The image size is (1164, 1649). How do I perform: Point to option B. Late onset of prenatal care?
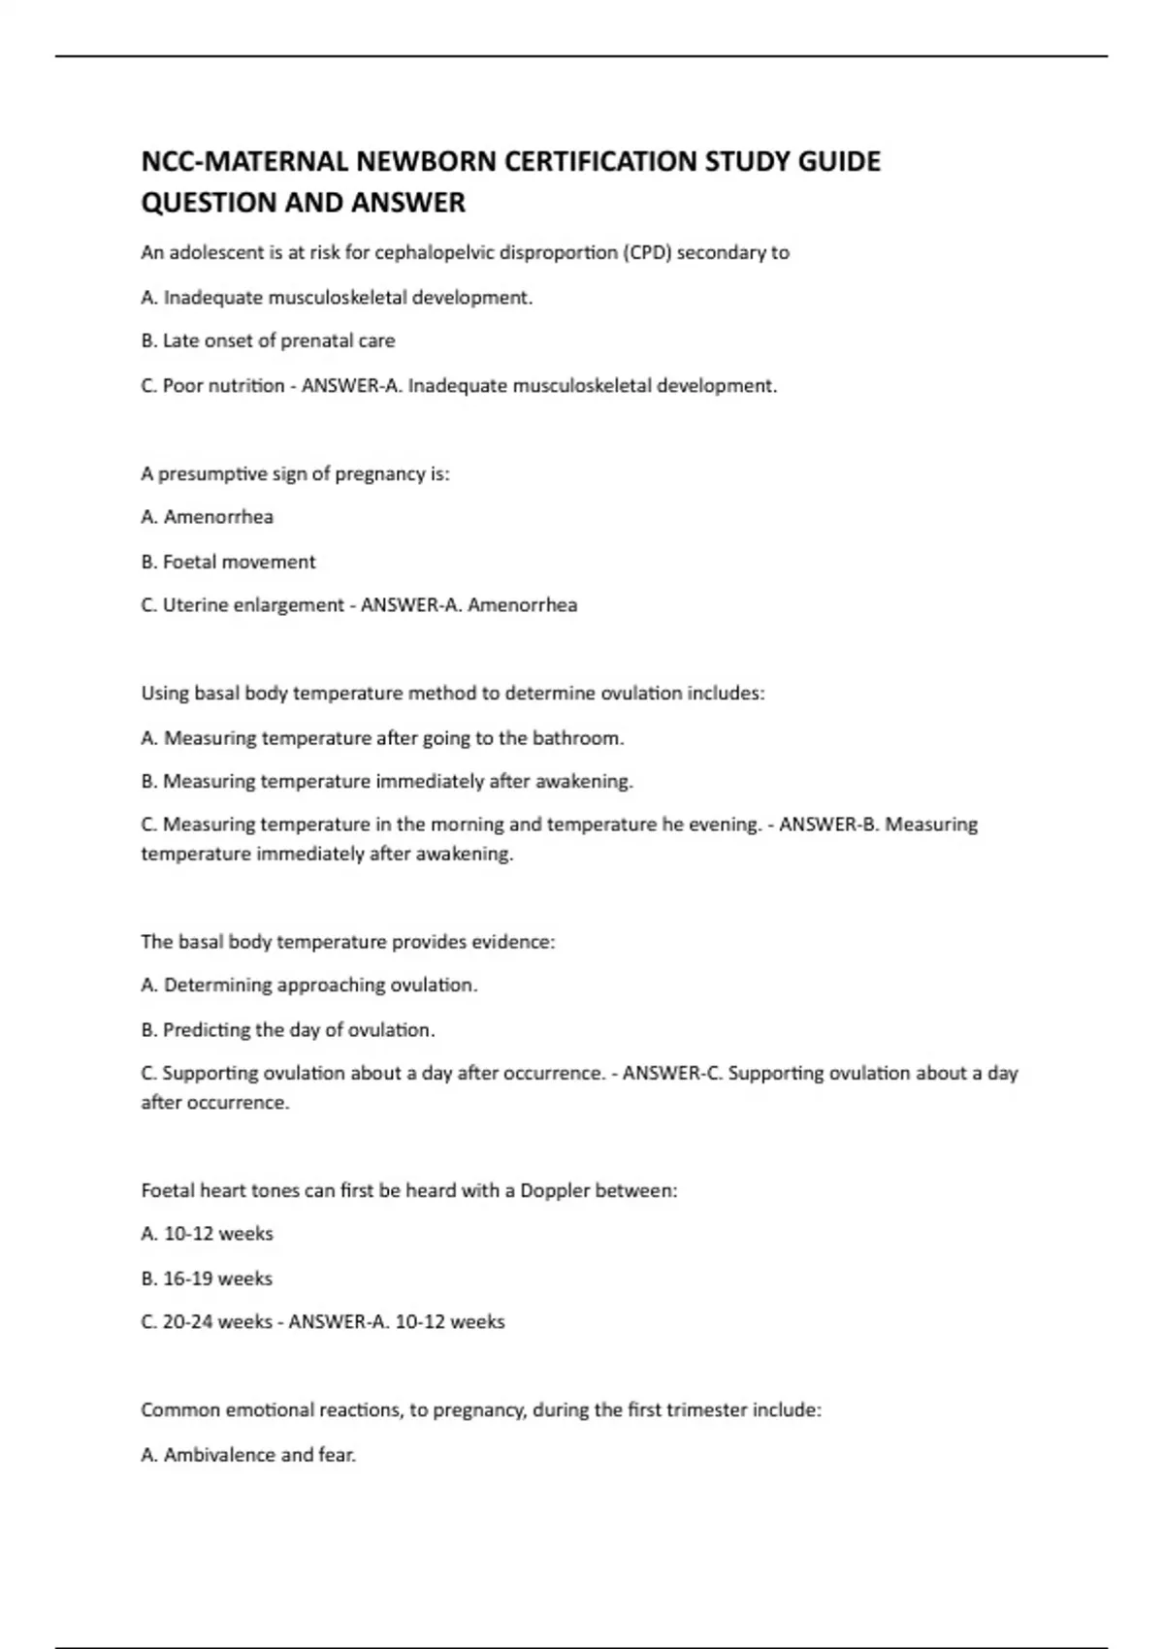coord(268,340)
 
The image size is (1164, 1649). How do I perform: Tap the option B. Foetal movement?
coord(228,562)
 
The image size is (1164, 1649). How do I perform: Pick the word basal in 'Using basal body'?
coord(216,694)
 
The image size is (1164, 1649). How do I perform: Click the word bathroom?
coord(577,738)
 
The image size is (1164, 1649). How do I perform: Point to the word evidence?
coord(511,942)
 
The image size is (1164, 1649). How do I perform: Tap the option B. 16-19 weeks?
coord(207,1278)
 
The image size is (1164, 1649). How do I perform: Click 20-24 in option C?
coord(188,1322)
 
